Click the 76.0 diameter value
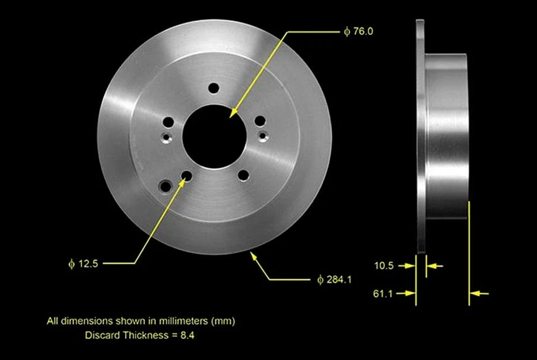[x=362, y=31]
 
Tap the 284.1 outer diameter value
[x=339, y=279]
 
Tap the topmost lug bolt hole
[x=213, y=88]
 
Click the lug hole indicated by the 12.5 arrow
[x=186, y=176]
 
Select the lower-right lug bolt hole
[x=243, y=175]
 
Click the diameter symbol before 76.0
[x=347, y=32]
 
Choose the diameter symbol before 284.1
[x=320, y=279]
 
